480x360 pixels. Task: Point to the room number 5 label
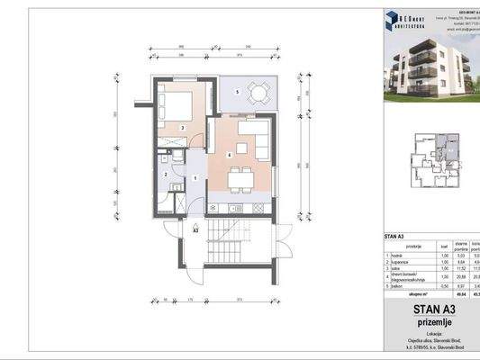pos(237,93)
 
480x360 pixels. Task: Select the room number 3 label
pos(182,130)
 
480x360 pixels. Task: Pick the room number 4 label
pos(230,156)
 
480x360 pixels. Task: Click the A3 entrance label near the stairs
pos(195,230)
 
